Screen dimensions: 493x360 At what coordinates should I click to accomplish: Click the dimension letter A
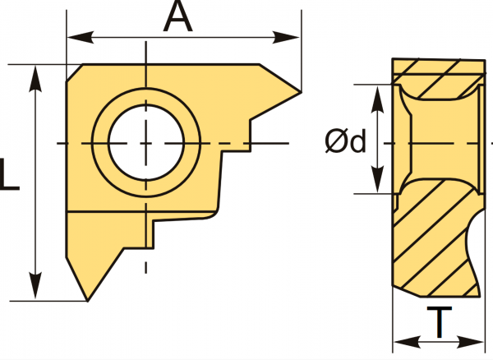(177, 16)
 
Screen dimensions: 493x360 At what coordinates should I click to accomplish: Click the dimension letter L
(9, 174)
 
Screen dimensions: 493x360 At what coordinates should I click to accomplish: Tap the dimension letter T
(440, 322)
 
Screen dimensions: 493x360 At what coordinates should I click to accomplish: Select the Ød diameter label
(346, 141)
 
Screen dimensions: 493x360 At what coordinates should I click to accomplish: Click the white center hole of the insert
(146, 143)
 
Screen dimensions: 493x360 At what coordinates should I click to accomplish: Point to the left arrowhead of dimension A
(81, 38)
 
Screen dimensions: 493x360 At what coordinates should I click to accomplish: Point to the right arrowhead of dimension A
(286, 38)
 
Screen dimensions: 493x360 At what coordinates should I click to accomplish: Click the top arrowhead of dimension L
(35, 79)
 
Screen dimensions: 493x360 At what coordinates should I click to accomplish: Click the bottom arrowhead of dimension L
(35, 285)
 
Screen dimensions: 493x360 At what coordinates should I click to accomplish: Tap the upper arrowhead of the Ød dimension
(377, 99)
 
